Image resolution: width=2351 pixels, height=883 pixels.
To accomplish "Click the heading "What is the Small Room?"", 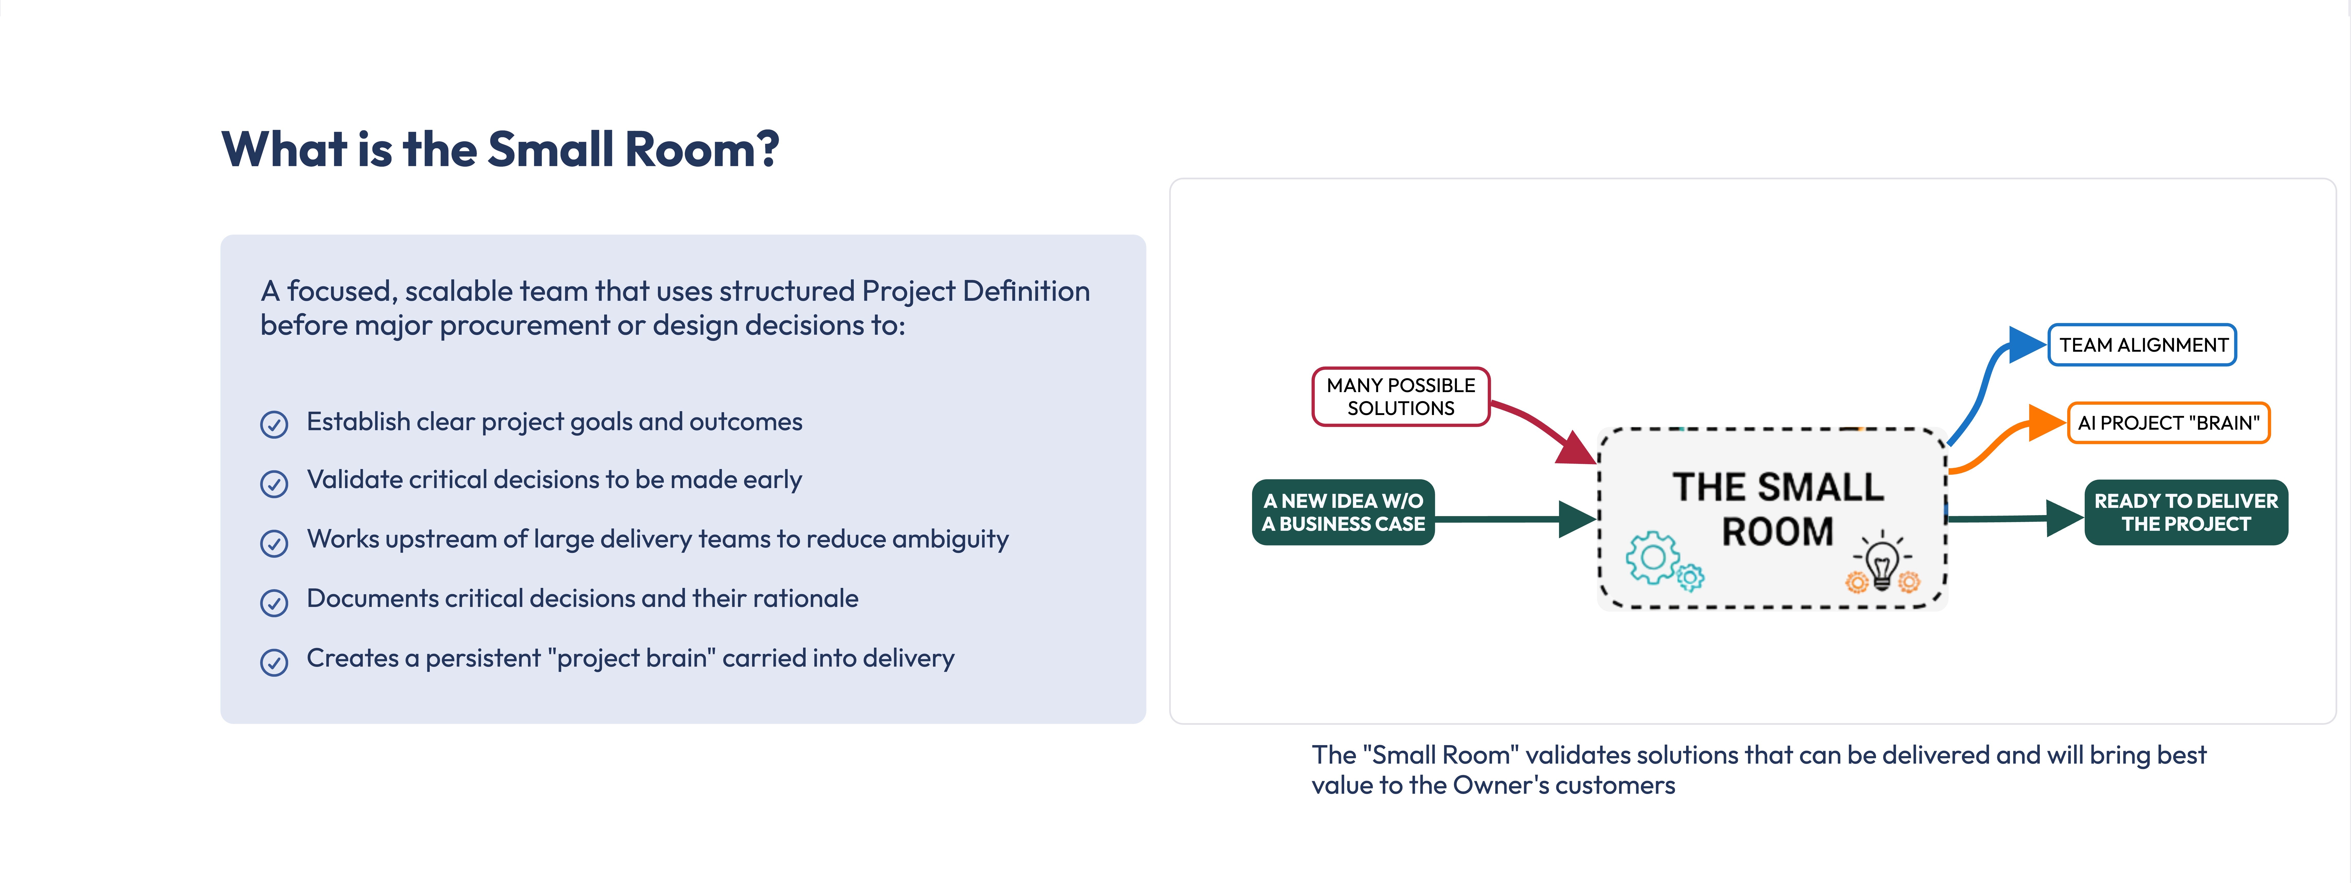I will click(x=500, y=149).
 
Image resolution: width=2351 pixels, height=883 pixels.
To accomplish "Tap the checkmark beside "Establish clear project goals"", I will click(x=274, y=424).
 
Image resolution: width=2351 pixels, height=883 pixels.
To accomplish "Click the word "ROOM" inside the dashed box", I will click(x=1777, y=532).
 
